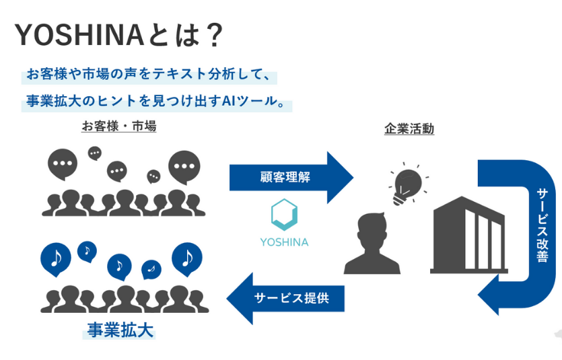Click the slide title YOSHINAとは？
point(118,35)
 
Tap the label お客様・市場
point(118,126)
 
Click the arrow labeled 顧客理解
point(289,177)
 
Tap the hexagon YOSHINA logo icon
point(284,214)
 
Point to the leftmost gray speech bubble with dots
point(63,164)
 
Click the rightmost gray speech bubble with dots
point(184,166)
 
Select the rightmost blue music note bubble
point(187,257)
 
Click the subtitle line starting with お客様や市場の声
point(148,74)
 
